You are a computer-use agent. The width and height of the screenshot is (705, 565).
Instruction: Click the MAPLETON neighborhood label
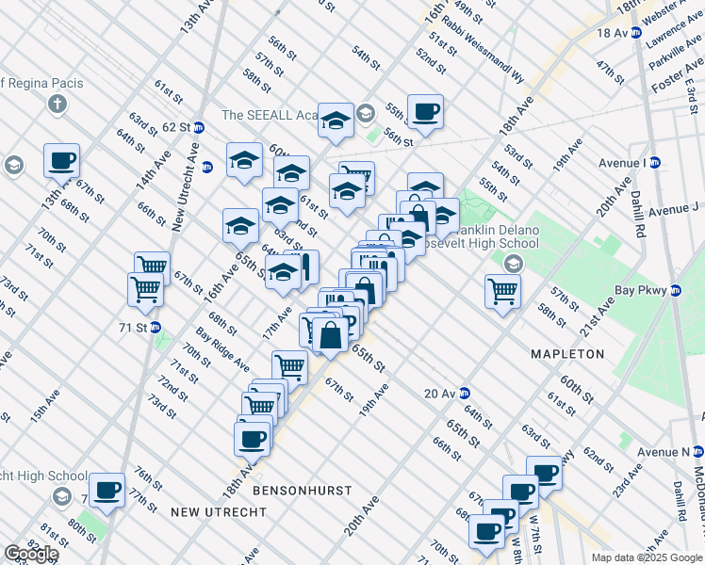(x=567, y=354)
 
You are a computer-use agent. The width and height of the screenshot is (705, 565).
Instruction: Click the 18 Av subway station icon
(x=635, y=32)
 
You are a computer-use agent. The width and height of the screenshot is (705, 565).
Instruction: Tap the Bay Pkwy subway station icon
(x=675, y=292)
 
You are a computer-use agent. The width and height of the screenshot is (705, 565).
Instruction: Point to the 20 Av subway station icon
(x=465, y=394)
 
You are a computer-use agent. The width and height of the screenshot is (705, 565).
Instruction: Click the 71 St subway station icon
(x=156, y=328)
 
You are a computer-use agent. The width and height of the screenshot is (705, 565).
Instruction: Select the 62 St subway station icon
(x=199, y=126)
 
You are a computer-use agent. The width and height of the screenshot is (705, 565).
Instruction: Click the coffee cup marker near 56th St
(x=425, y=111)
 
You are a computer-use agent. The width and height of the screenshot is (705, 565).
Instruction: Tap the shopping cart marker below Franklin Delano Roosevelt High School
(x=502, y=290)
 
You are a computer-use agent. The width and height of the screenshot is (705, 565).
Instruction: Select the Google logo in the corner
(x=31, y=554)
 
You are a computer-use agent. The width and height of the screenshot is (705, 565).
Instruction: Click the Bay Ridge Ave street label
(x=222, y=349)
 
